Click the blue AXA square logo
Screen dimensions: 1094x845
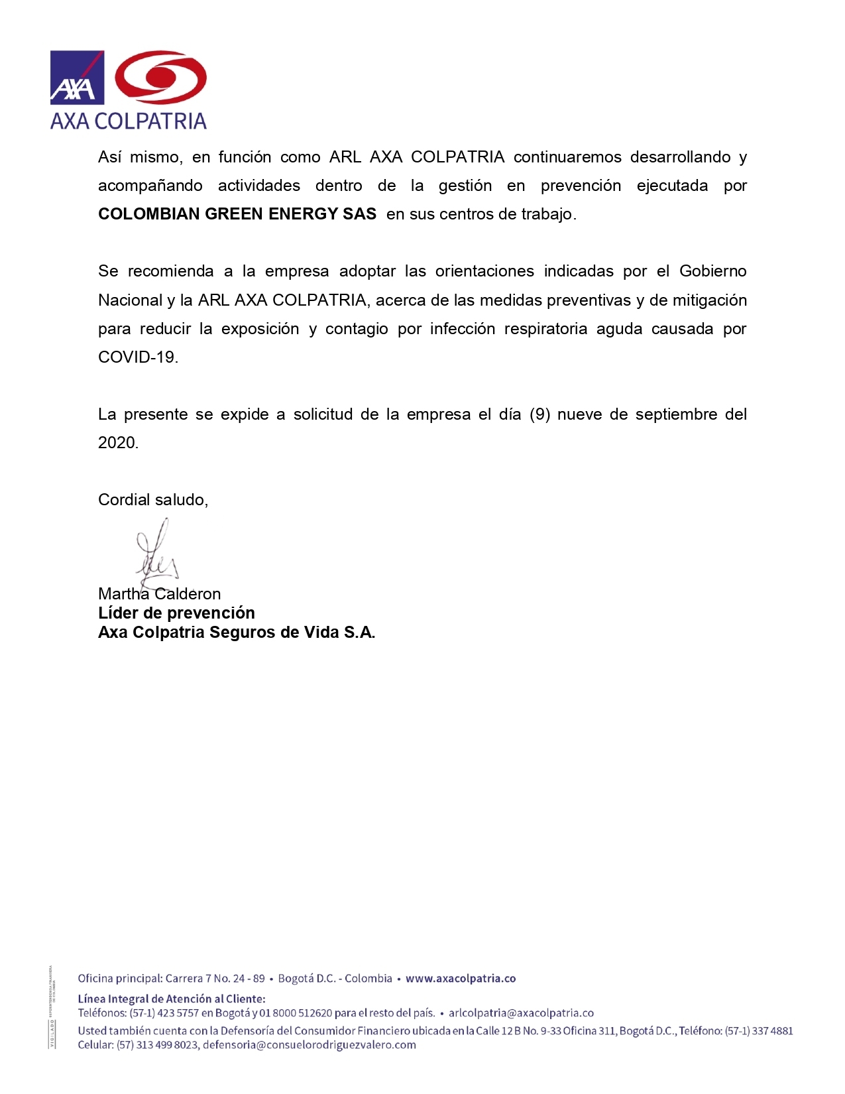click(x=77, y=78)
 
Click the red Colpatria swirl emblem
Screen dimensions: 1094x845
click(x=161, y=78)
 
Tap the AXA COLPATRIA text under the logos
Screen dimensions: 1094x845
click(x=129, y=121)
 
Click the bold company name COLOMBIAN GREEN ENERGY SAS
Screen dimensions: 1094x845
click(x=237, y=214)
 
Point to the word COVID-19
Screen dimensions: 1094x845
click(x=137, y=357)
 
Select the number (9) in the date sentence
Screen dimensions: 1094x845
click(x=540, y=414)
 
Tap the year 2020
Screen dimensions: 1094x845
click(x=117, y=443)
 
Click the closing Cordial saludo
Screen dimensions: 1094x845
click(x=153, y=500)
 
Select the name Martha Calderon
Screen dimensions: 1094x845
click(x=159, y=594)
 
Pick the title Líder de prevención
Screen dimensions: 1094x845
click(x=176, y=613)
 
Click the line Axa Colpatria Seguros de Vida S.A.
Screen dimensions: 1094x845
click(x=237, y=633)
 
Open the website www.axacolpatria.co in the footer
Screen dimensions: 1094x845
click(x=461, y=979)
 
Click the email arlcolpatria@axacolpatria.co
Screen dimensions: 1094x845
click(x=521, y=1013)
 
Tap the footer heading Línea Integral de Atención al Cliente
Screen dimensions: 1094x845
click(x=172, y=999)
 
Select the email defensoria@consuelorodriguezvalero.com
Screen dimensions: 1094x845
click(x=310, y=1045)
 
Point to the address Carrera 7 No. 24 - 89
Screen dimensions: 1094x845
click(x=215, y=979)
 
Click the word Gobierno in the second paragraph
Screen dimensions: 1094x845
click(x=713, y=271)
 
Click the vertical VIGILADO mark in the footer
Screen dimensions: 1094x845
click(x=52, y=1034)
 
